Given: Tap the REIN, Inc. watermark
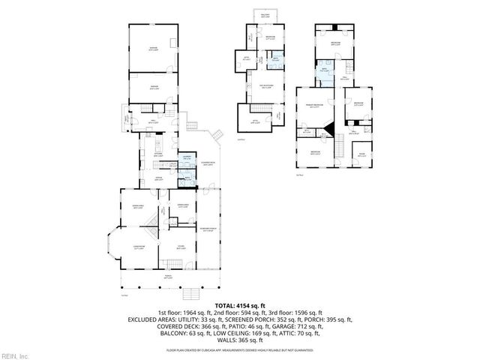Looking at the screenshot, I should (x=14, y=355).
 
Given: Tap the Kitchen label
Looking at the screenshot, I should (x=159, y=154).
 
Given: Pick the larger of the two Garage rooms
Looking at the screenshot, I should (x=153, y=48).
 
